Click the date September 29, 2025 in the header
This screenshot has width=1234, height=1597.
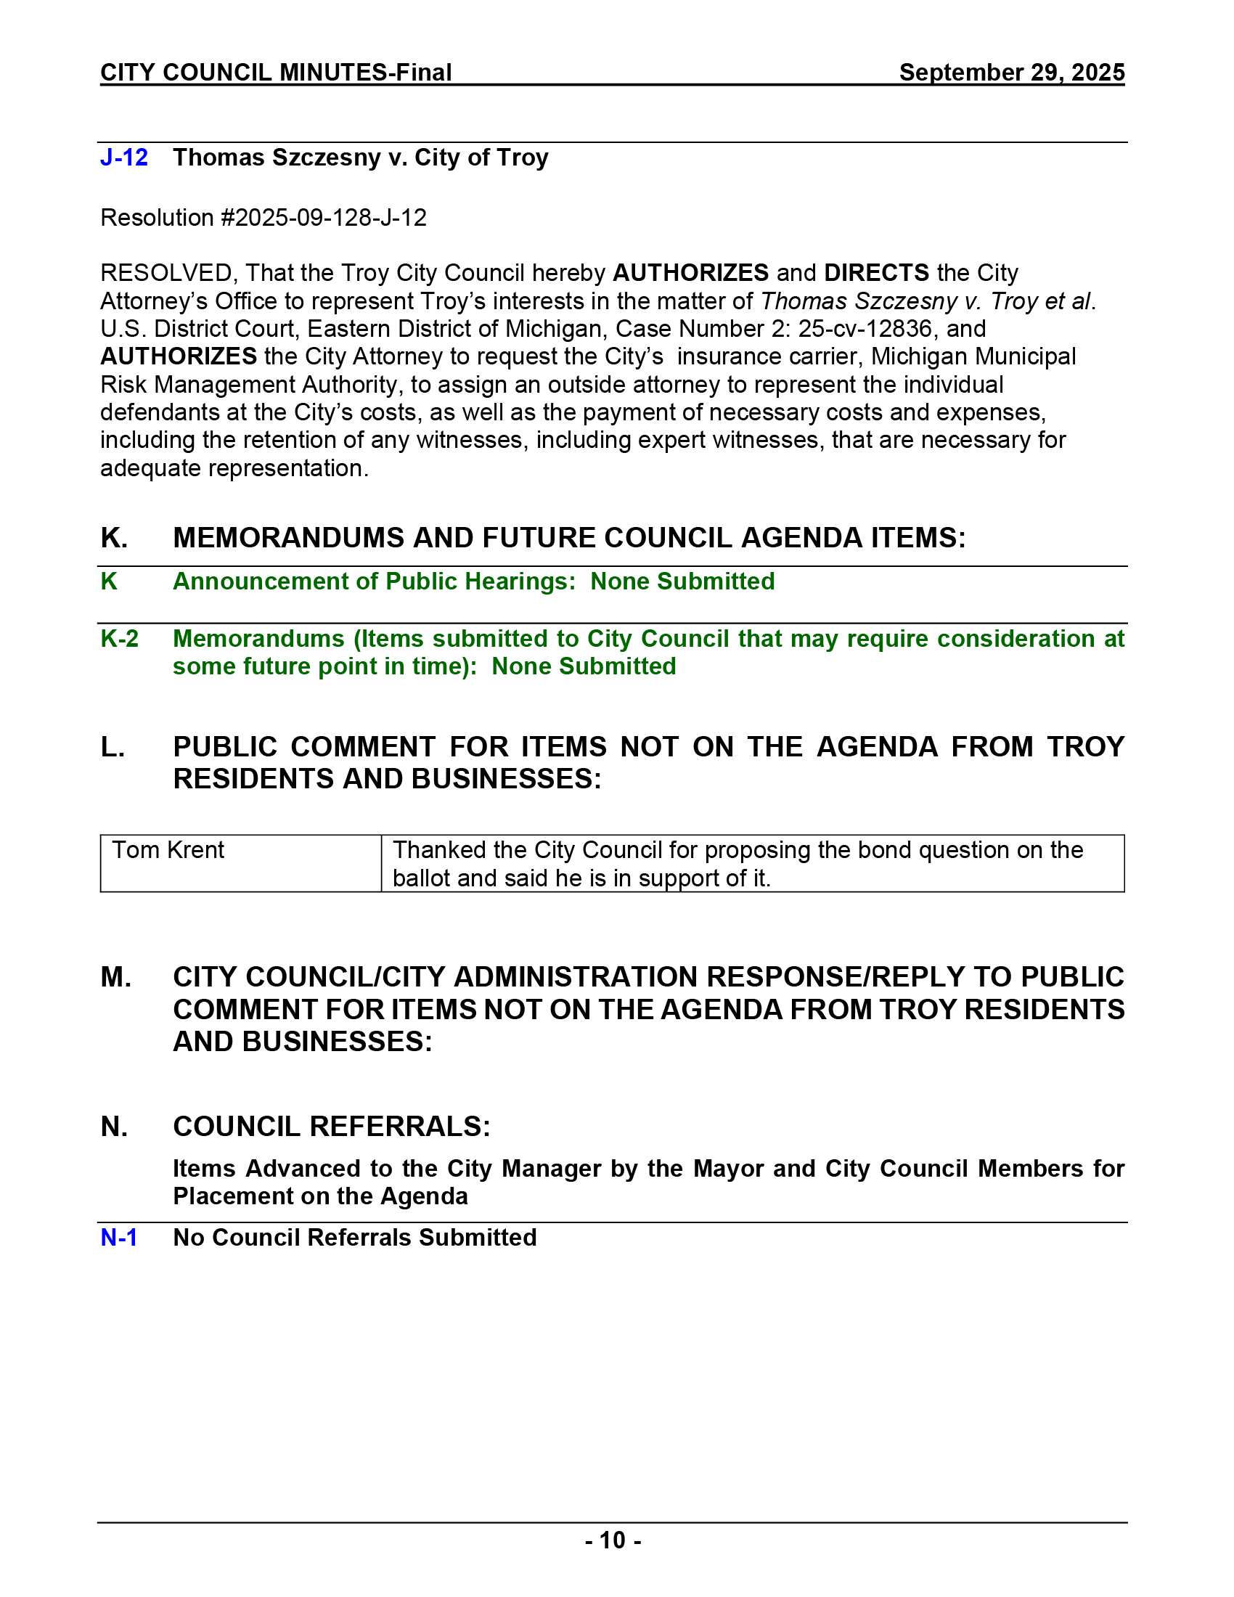tap(1011, 73)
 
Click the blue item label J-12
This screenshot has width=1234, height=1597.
tap(123, 158)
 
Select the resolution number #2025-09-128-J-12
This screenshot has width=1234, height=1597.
tap(324, 218)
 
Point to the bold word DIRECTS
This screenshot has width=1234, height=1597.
tap(876, 273)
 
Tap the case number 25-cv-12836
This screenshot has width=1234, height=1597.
tap(865, 329)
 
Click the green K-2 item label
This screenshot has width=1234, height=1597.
tap(119, 639)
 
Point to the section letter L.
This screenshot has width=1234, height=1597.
tap(112, 747)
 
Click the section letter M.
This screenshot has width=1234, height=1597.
tap(115, 978)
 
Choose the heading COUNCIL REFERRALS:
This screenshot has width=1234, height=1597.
tap(331, 1127)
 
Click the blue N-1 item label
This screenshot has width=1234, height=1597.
tap(118, 1238)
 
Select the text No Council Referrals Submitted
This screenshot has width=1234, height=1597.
tap(354, 1238)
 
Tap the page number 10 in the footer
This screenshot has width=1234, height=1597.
tap(613, 1540)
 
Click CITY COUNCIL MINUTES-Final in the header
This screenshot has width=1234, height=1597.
tap(276, 73)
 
